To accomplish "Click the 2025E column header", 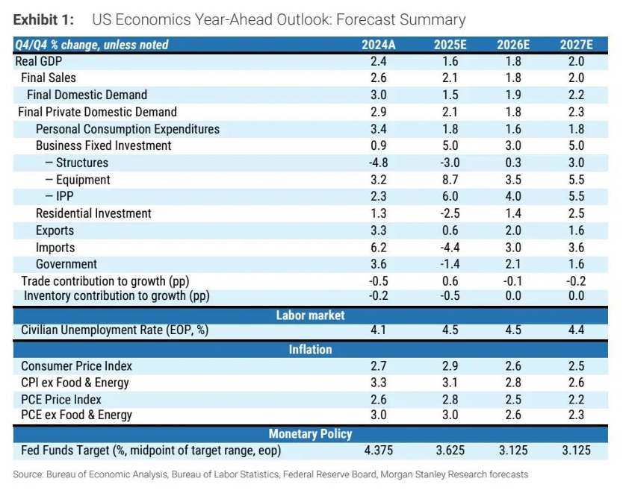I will [x=450, y=45].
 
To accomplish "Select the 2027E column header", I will [x=576, y=45].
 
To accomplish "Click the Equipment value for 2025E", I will [x=450, y=180].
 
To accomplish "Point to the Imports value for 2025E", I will [x=450, y=247].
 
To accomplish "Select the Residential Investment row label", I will [x=93, y=213].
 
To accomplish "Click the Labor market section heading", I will [x=311, y=315].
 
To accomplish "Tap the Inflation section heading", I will [x=311, y=349].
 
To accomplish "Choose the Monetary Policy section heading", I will [x=311, y=433].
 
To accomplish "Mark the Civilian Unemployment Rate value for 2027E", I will [x=576, y=331].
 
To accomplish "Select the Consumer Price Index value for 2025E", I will [x=450, y=365].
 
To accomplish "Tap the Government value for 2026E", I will [x=513, y=264].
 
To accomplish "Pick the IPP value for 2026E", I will [x=513, y=196].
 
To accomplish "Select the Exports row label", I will [x=55, y=230].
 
